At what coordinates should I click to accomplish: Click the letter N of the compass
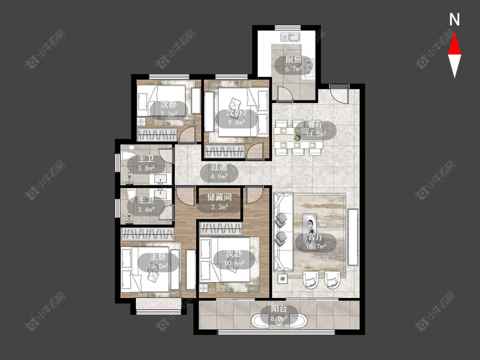pos(454,20)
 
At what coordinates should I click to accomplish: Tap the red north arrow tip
pos(454,33)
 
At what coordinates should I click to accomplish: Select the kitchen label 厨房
pos(293,59)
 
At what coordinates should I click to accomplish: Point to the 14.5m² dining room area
pos(315,134)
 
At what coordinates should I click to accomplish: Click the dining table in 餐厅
pos(299,137)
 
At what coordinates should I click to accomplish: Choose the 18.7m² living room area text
pos(315,246)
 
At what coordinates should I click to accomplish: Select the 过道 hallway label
pos(219,167)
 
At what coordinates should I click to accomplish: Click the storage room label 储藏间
pos(219,197)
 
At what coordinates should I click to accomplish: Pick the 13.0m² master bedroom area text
pos(158,266)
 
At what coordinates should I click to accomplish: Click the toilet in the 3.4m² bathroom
pos(131,196)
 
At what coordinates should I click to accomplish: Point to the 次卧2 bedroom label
pos(236,113)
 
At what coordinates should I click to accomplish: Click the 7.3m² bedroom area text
pos(169,114)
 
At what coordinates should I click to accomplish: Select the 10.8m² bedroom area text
pos(234,263)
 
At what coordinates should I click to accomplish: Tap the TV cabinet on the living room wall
pos(353,237)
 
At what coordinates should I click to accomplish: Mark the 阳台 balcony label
pos(279,309)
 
